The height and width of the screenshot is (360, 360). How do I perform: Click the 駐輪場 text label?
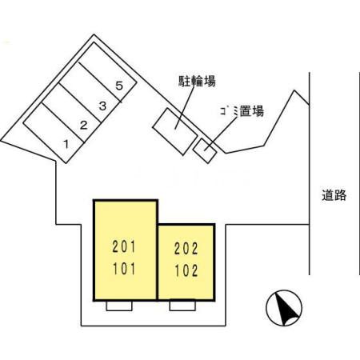pos(196,80)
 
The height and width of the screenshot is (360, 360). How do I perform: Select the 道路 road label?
pos(334,195)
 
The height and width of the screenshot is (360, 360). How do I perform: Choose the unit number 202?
pos(186,249)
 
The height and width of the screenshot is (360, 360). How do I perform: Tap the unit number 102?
pos(186,270)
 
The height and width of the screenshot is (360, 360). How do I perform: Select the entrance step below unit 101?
pos(119,306)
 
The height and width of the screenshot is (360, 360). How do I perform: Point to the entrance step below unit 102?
pos(183,304)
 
